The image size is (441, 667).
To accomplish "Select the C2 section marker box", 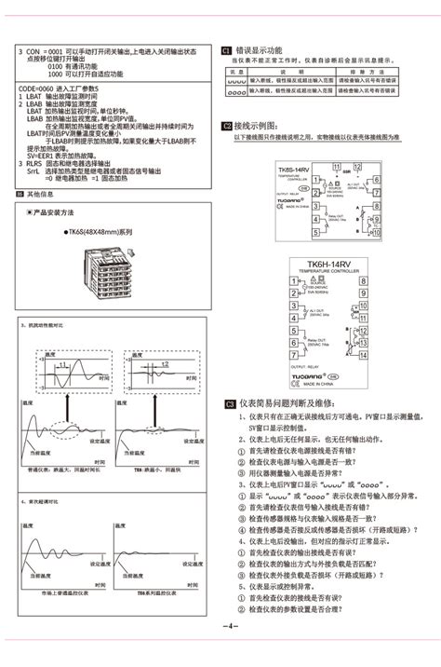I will click(x=226, y=125).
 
